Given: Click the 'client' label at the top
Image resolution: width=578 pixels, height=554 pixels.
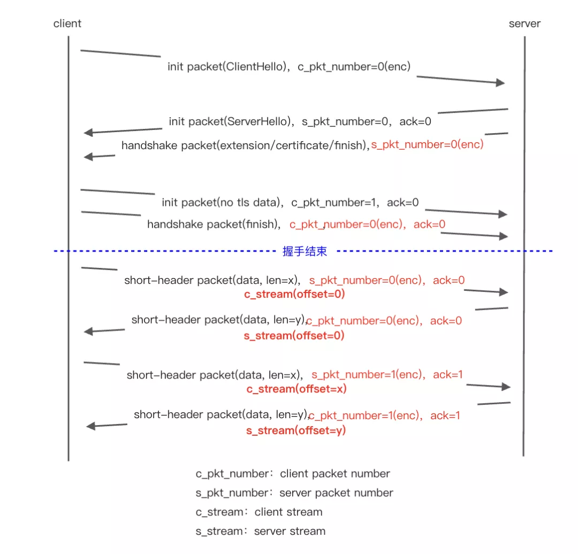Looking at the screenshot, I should coord(67,24).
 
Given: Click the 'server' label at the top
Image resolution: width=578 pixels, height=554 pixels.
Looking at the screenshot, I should coord(524,24).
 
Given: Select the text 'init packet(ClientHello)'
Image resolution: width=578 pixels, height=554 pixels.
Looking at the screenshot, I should coord(227,67).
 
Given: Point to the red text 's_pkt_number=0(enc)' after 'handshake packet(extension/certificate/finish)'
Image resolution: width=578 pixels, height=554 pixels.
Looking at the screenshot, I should coord(428,145).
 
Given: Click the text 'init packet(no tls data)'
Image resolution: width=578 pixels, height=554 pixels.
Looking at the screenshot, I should coord(222,203).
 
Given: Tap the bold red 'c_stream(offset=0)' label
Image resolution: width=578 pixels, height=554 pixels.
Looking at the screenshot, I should coord(294,294).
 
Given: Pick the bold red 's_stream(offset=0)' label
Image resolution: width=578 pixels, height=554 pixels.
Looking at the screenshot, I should coord(294,336).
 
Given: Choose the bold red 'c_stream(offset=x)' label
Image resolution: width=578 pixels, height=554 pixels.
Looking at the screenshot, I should coord(296,389).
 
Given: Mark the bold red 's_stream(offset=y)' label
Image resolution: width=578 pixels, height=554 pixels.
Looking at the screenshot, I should coord(296,430).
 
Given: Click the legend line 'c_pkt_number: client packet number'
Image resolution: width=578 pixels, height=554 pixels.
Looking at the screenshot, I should coord(293,474).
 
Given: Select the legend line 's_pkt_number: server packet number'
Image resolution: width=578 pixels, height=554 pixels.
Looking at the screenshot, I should coord(294,493).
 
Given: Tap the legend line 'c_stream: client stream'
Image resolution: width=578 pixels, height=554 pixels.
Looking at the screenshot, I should coord(259,512).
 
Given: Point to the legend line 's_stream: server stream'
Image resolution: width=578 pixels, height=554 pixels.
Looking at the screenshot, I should coord(260,532).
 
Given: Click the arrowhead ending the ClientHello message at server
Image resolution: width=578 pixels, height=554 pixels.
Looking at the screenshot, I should coord(500,82).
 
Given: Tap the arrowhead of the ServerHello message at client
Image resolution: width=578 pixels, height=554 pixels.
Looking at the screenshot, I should coord(89,133).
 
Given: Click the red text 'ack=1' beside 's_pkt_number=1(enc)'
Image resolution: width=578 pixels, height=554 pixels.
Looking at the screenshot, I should coord(447,375).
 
